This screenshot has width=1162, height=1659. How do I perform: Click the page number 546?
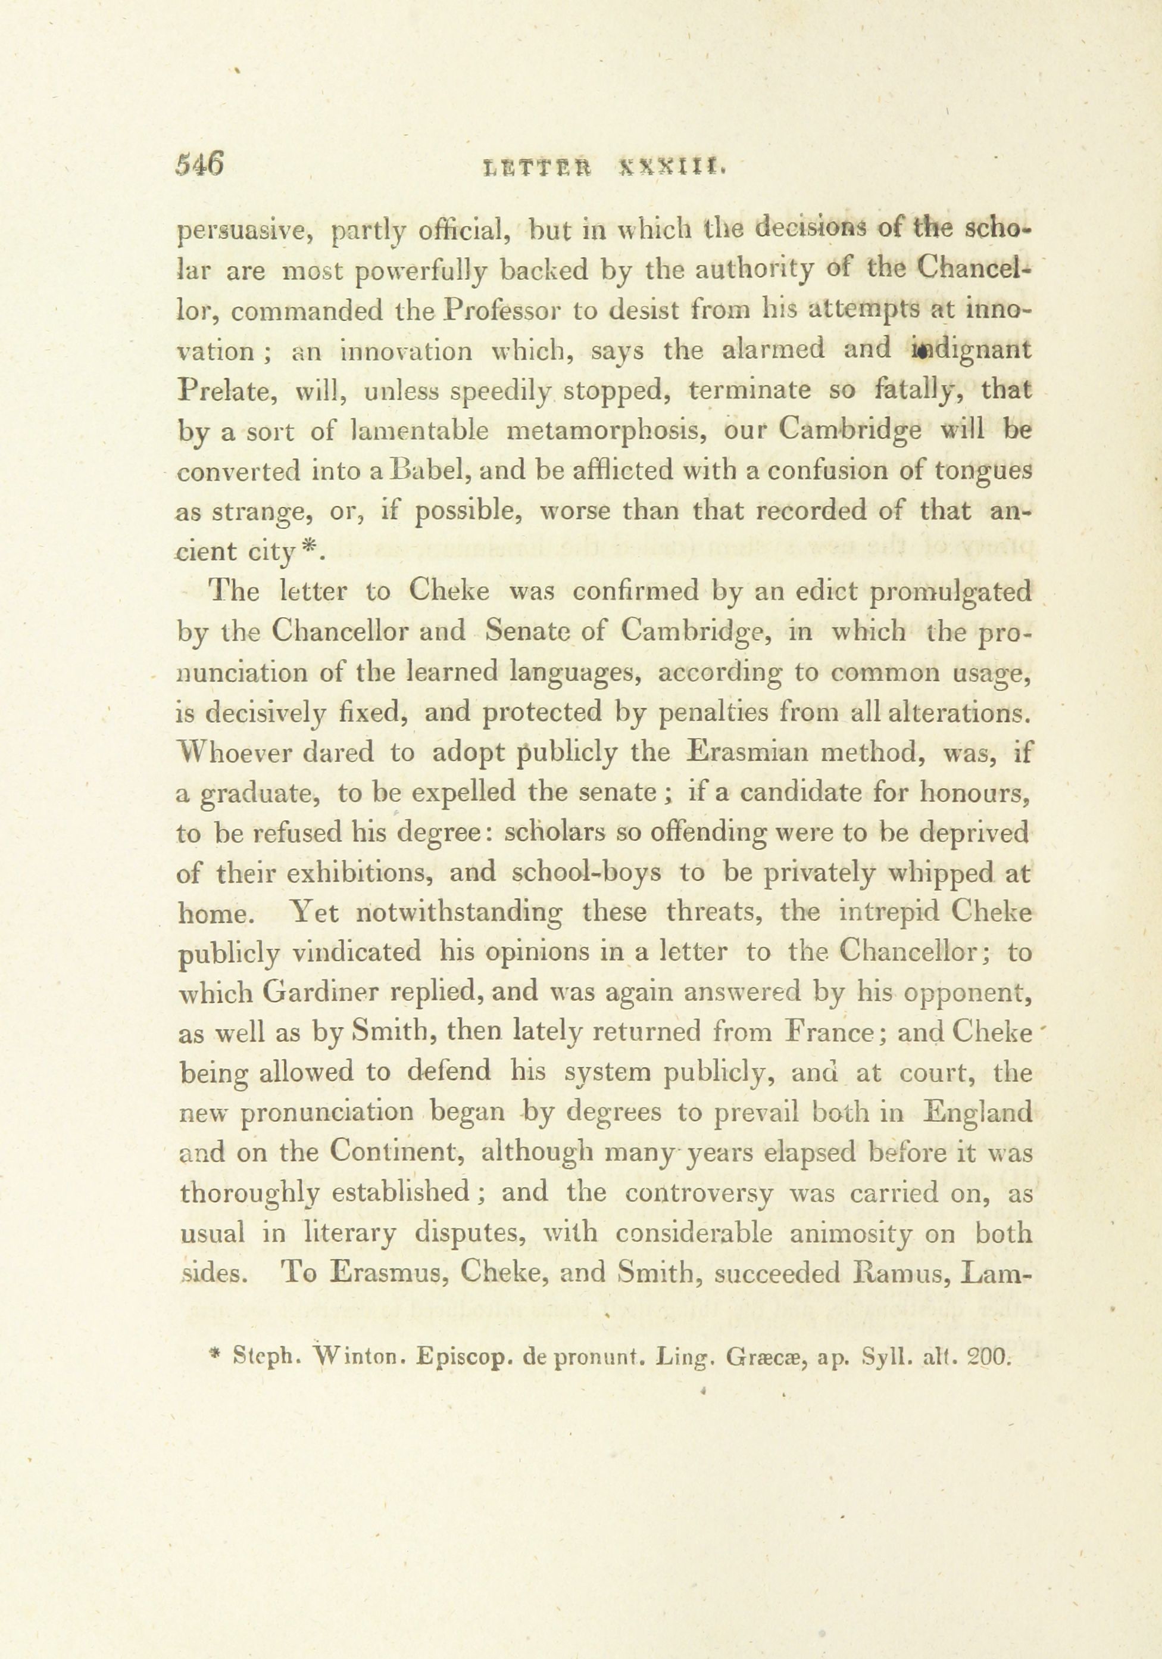coord(200,165)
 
